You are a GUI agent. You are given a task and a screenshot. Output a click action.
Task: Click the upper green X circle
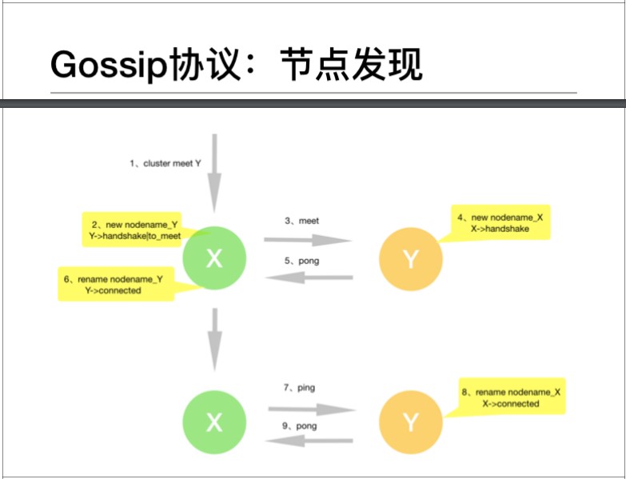click(214, 257)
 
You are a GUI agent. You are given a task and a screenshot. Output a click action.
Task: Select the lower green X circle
click(214, 422)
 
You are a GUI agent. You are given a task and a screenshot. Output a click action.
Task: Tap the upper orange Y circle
click(411, 258)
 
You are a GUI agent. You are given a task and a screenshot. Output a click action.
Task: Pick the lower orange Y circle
click(411, 422)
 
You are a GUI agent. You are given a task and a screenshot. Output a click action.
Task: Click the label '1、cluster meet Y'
click(165, 163)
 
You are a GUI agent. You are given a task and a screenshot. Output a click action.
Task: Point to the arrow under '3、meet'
click(308, 240)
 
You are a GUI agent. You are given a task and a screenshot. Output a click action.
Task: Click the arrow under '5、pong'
click(309, 278)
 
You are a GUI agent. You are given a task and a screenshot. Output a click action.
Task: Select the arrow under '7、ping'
click(309, 409)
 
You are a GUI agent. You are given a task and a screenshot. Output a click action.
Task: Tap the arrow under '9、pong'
click(309, 441)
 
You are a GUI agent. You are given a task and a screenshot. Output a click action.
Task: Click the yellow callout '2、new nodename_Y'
click(136, 230)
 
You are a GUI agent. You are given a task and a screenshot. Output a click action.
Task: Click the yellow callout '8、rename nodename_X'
click(512, 397)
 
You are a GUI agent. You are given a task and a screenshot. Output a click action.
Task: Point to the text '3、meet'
click(301, 220)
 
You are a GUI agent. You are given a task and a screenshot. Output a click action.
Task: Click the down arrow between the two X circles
click(214, 339)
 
